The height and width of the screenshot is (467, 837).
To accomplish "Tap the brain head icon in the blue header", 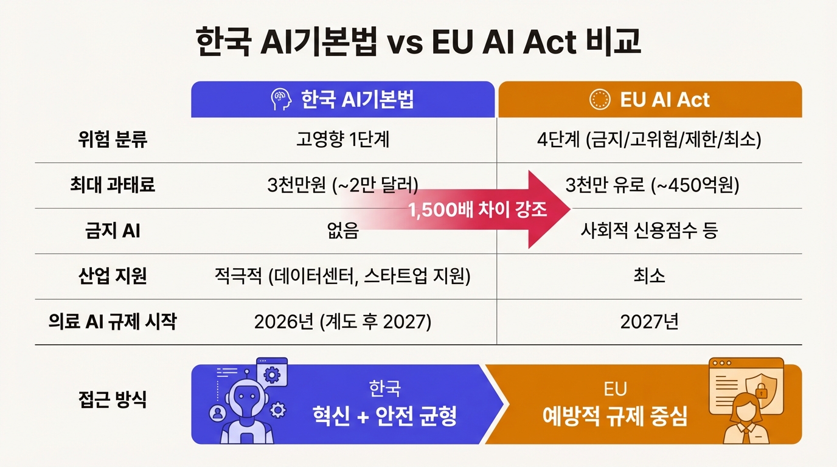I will point(280,99).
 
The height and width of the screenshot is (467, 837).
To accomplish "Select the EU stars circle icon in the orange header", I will point(600,100).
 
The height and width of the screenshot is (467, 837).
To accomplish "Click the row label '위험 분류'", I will point(113,140).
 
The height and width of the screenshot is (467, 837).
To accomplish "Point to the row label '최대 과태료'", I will point(113,185).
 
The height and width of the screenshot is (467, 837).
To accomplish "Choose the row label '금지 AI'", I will point(113,231).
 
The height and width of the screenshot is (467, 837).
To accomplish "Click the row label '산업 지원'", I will point(113,276).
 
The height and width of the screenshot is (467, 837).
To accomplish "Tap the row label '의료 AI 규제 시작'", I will point(113,321).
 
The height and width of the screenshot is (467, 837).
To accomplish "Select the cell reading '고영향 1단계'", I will point(343,140).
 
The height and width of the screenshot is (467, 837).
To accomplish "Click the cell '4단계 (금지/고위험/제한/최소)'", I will point(649,140).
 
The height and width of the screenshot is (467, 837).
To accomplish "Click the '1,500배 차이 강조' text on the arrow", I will point(477,210).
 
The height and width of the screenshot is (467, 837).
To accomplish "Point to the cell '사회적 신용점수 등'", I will point(649,231).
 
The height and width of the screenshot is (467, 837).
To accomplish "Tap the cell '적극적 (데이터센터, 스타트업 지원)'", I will point(343,276).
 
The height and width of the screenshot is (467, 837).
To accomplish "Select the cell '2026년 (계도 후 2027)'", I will point(343,322).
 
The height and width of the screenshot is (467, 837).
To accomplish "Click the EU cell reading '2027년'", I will point(649,322).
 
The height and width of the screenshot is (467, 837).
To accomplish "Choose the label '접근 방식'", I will point(113,400).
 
